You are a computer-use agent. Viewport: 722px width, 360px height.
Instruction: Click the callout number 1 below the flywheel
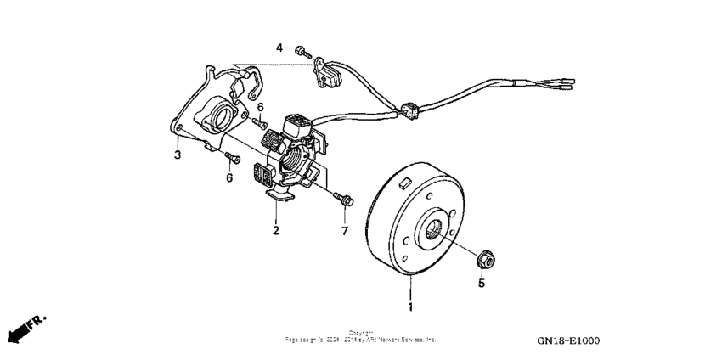pos(412,305)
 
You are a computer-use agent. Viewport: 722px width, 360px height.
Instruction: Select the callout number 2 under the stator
pos(275,230)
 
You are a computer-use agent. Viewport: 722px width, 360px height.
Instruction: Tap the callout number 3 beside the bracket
pos(177,155)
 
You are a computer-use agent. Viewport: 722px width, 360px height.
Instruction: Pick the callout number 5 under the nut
pos(482,284)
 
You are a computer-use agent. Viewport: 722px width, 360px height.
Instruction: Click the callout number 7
pos(345,230)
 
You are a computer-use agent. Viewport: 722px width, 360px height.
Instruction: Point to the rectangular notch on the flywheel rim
pos(405,180)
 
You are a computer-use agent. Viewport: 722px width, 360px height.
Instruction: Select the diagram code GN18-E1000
pos(568,340)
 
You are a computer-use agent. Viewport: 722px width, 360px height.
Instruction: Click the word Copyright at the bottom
pos(360,332)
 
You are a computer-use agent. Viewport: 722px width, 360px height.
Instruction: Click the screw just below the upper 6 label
pos(257,125)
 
